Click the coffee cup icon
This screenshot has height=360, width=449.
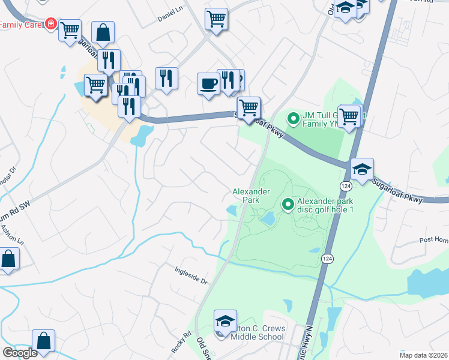click(208, 83)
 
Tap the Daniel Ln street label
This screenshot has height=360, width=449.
click(170, 19)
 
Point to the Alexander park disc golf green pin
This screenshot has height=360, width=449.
click(288, 205)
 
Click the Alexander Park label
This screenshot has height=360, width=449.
click(252, 195)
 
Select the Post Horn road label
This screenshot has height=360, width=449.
click(434, 240)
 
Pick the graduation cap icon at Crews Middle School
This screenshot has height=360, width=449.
click(225, 320)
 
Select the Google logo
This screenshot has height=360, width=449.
click(19, 353)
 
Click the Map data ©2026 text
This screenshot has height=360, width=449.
click(424, 355)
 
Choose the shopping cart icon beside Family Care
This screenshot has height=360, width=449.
click(70, 29)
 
